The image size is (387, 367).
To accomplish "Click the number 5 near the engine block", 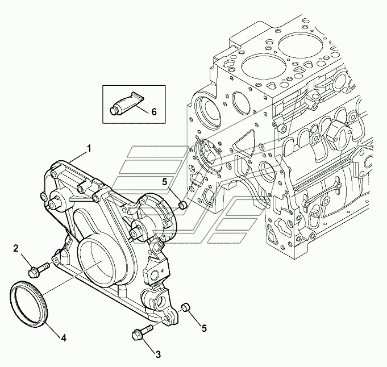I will coord(164,182).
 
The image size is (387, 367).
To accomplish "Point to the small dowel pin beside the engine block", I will coord(183,203).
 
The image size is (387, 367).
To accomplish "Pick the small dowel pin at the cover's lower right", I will coord(185,307).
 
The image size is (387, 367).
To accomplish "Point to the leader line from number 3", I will coord(151,344).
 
